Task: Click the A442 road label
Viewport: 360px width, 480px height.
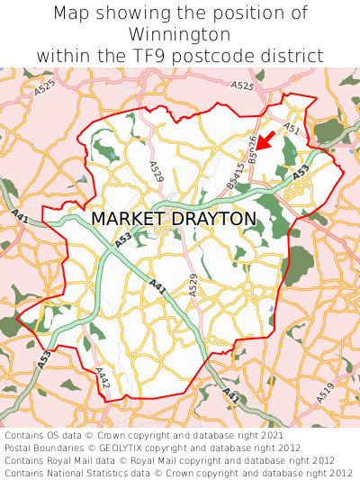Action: pos(102,377)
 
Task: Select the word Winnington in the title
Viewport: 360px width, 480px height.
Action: pos(180,34)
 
